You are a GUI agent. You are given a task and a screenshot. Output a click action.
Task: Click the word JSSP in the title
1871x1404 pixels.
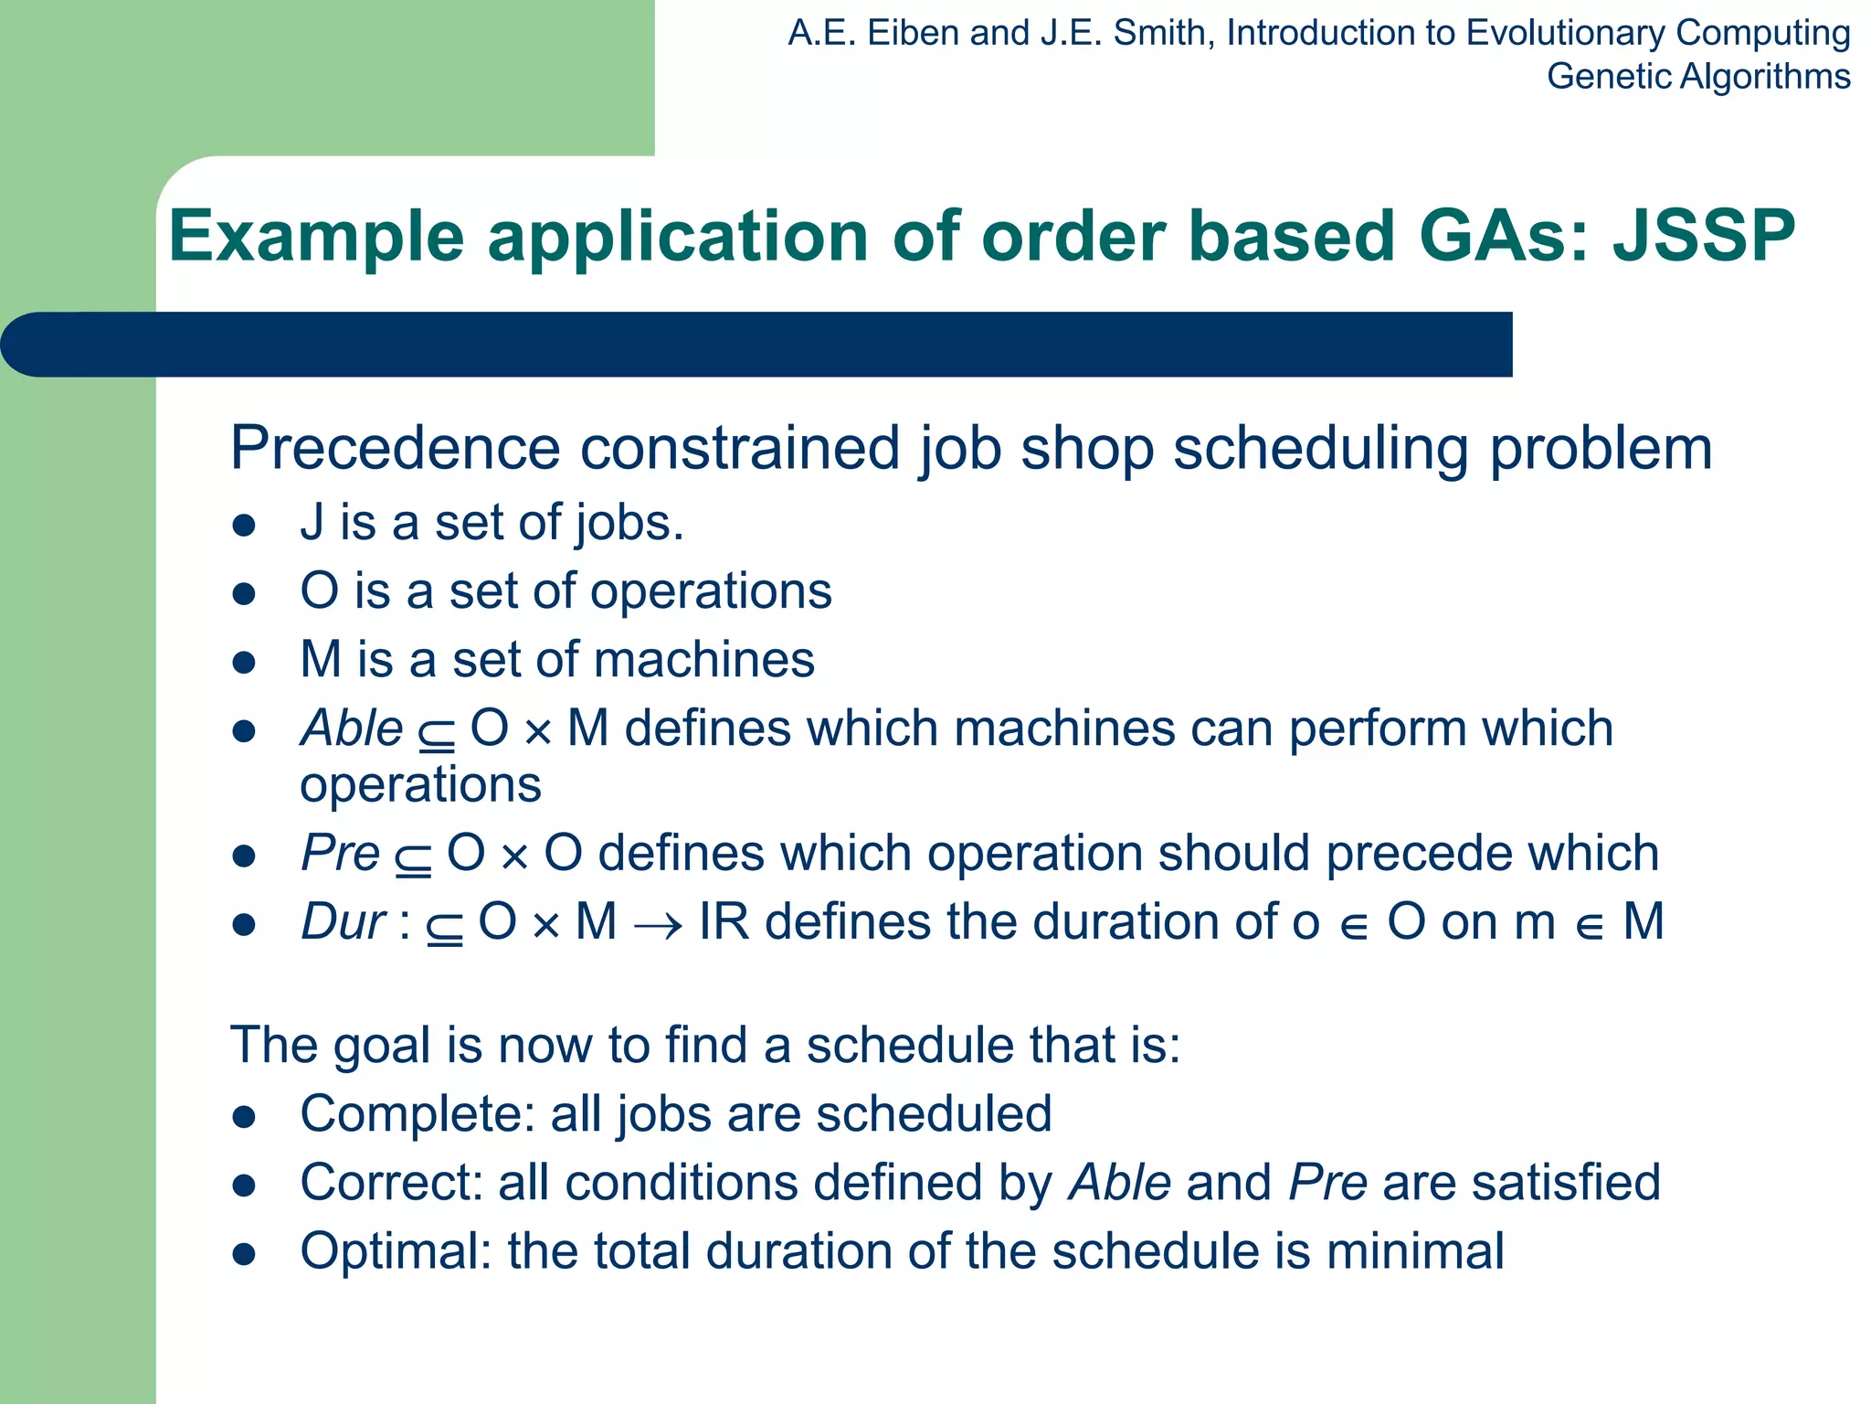click(1704, 236)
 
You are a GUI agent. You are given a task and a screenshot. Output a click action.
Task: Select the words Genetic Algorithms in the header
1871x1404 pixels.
click(1697, 76)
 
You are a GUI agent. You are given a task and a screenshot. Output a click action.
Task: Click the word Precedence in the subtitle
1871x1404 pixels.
click(394, 448)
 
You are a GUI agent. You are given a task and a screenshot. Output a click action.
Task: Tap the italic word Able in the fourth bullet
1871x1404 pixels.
click(352, 729)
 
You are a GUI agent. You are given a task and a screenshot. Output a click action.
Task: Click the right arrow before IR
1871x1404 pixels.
click(658, 926)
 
